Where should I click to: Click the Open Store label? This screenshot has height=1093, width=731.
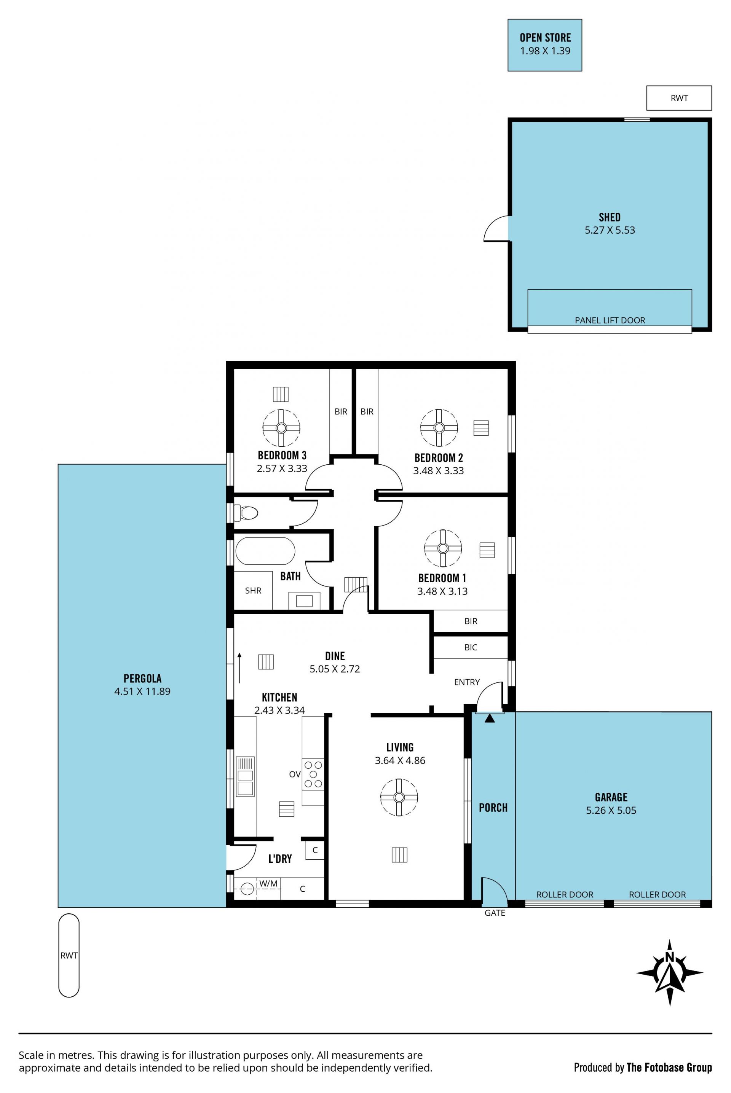545,37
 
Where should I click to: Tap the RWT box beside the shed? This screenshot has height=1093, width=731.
679,98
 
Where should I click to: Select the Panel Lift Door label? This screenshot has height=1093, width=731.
610,320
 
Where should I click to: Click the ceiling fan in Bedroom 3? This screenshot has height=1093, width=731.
281,428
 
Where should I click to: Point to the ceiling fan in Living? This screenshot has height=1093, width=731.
399,797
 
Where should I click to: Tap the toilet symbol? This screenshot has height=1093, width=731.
246,513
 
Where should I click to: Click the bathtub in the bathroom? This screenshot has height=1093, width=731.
265,551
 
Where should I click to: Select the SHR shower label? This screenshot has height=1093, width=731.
253,590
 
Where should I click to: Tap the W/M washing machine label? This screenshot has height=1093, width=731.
268,883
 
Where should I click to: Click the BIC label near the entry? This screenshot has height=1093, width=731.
471,647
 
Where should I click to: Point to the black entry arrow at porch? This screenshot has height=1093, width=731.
489,719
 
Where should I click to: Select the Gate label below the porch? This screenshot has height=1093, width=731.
495,913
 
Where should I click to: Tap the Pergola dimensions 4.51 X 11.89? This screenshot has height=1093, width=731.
142,691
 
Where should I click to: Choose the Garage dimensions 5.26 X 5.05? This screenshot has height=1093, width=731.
611,810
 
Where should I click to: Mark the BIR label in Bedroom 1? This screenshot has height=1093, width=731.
471,621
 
